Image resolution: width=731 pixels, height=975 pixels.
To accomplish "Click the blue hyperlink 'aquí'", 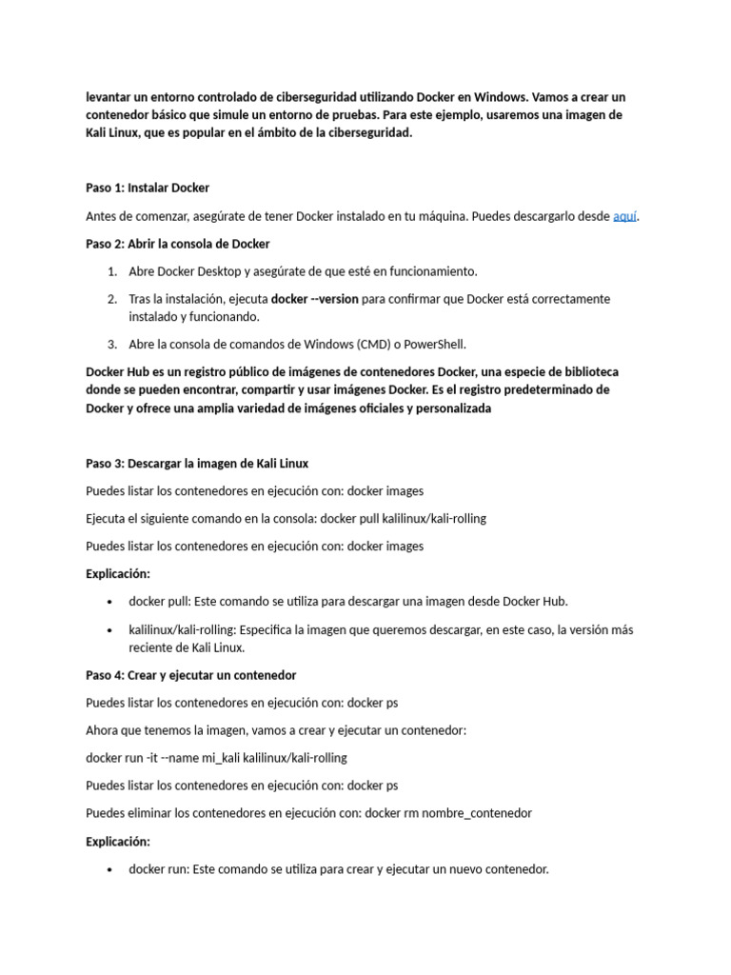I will pos(624,216).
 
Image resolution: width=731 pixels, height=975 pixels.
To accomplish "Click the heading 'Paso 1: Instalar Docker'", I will pos(148,188).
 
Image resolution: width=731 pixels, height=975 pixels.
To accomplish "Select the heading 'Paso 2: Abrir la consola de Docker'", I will pos(178,244).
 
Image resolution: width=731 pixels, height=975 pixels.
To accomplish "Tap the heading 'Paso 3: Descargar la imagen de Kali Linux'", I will pos(197,464).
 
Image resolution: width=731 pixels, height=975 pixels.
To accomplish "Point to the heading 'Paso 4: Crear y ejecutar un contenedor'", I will pos(191,675).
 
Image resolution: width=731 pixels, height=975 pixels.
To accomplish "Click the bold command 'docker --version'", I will pos(315,299).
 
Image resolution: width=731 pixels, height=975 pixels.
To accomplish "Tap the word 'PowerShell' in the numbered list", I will pos(434,345).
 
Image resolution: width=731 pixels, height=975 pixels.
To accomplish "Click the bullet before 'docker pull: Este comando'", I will pos(111,602).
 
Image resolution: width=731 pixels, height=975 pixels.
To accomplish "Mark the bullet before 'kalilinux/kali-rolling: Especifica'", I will pos(111,630).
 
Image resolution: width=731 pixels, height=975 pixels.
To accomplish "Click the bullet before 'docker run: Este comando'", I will pos(111,869).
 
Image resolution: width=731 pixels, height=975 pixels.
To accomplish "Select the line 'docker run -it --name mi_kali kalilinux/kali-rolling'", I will pos(216,758).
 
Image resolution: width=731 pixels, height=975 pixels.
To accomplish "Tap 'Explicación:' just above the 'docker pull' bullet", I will pos(118,574).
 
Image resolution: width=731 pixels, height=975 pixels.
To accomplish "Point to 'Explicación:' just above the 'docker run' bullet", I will pos(118,842).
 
